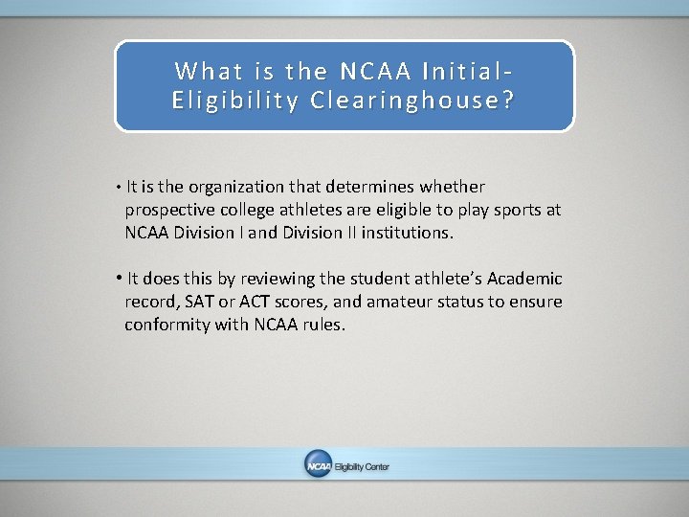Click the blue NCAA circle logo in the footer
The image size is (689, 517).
pyautogui.click(x=318, y=465)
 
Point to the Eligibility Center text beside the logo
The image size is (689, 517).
pyautogui.click(x=362, y=466)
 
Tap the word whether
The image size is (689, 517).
pyautogui.click(x=451, y=187)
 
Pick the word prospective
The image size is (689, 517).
pyautogui.click(x=167, y=209)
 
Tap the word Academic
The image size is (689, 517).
pyautogui.click(x=524, y=279)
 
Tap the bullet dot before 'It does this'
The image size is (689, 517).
pyautogui.click(x=118, y=279)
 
